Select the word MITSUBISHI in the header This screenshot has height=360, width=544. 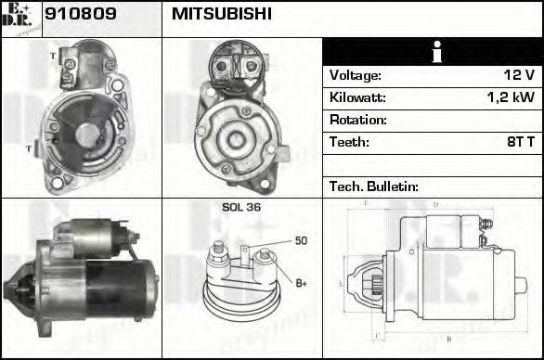222,14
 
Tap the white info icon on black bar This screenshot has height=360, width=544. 433,52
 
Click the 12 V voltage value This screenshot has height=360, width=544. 517,75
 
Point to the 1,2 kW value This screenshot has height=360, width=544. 510,97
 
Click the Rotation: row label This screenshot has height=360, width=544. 358,120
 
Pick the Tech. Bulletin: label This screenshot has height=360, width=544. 374,186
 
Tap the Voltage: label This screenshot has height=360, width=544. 356,75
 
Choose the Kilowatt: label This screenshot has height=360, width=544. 358,97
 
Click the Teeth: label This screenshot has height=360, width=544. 349,142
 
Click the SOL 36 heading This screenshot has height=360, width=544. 241,208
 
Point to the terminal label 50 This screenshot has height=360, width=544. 301,241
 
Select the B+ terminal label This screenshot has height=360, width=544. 302,282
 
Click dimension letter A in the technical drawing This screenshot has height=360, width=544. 341,282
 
